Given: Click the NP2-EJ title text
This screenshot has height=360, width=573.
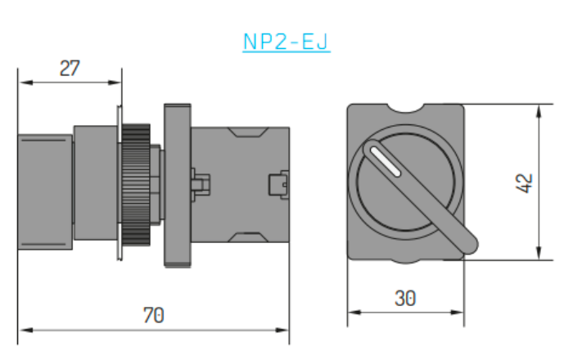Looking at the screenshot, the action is pyautogui.click(x=286, y=42).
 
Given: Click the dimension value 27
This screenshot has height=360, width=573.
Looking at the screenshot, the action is pyautogui.click(x=70, y=68).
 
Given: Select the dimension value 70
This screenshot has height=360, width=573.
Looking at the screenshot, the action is pyautogui.click(x=154, y=315).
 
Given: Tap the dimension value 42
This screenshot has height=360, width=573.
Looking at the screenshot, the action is pyautogui.click(x=524, y=183).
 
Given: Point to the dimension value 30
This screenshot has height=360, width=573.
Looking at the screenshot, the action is pyautogui.click(x=405, y=299).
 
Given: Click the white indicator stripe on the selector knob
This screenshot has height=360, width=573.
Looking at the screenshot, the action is pyautogui.click(x=386, y=161).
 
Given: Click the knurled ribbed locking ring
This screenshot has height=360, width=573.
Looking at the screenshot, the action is pyautogui.click(x=136, y=184).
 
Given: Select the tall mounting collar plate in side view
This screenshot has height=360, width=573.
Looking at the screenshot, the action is pyautogui.click(x=178, y=186).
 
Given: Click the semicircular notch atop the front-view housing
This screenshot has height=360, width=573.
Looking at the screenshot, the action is pyautogui.click(x=405, y=108).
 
